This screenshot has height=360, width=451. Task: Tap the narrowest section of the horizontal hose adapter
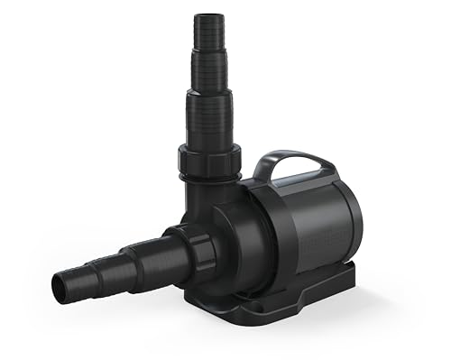(76, 281)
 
